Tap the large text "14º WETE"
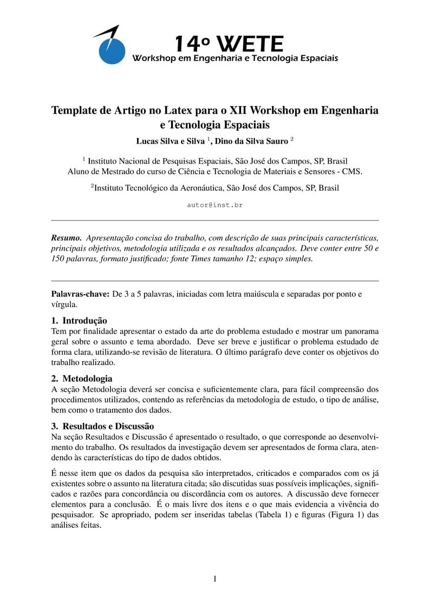(x=229, y=43)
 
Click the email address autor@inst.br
(x=214, y=205)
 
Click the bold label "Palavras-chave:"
(x=80, y=294)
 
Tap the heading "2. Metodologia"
(x=82, y=378)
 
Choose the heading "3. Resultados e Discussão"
(x=102, y=426)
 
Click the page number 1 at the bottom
(x=215, y=579)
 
